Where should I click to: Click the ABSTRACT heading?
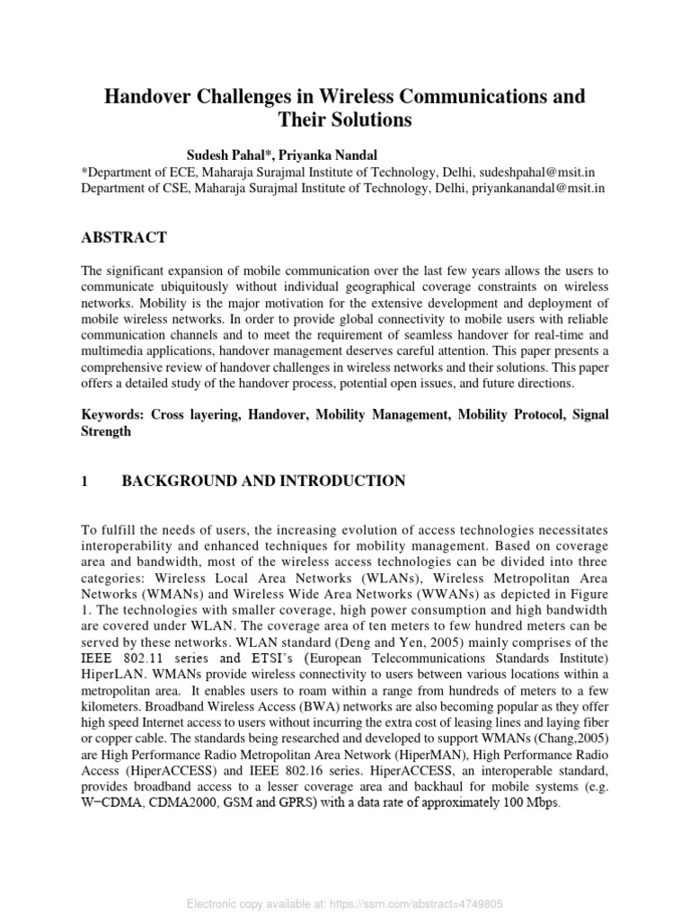tap(124, 237)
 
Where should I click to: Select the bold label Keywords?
tap(113, 414)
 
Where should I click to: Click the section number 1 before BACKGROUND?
tap(85, 482)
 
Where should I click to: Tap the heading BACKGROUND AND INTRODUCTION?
tap(262, 482)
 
